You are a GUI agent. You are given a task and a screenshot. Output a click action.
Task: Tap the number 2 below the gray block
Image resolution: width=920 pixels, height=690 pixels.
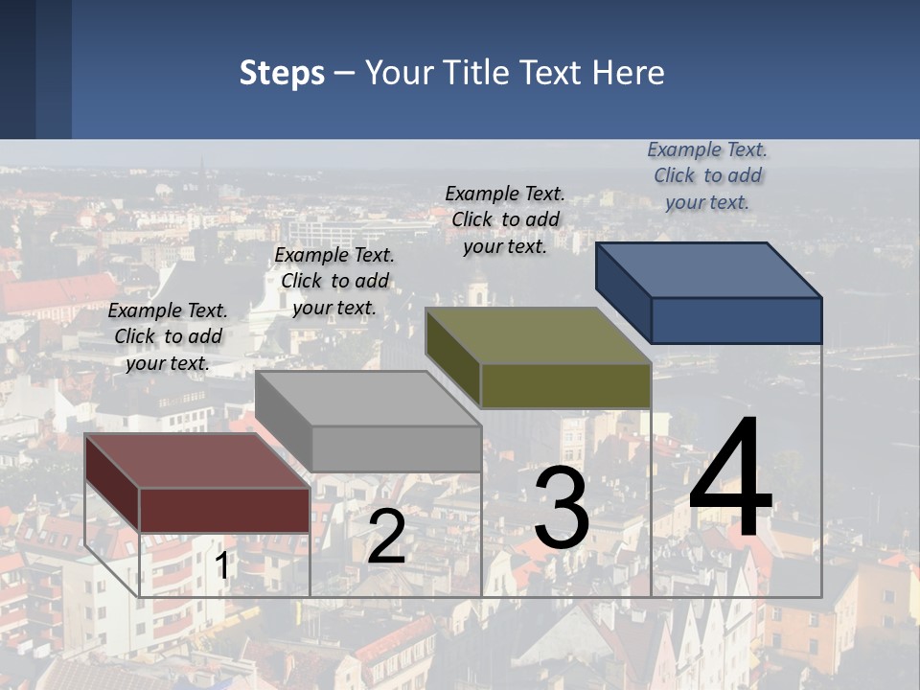(x=386, y=537)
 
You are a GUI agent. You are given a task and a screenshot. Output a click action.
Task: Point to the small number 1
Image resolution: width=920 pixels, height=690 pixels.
(x=222, y=566)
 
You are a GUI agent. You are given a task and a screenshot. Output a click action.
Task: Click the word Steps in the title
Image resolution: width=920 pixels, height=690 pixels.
(x=282, y=73)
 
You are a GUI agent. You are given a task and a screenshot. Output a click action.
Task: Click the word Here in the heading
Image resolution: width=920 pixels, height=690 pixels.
(x=628, y=73)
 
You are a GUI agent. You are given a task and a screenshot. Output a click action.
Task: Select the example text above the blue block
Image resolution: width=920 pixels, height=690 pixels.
(x=707, y=175)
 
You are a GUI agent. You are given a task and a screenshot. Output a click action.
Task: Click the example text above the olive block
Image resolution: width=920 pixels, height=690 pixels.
(x=505, y=219)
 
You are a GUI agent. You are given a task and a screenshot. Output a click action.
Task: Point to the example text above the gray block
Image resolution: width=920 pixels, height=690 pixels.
(x=334, y=281)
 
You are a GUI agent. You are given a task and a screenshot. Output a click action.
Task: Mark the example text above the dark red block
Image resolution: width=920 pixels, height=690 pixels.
(x=168, y=336)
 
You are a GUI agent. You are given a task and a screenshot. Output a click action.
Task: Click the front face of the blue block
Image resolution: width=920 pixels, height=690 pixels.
(x=736, y=320)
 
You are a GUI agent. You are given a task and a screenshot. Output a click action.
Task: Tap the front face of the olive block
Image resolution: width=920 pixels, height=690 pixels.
(x=565, y=385)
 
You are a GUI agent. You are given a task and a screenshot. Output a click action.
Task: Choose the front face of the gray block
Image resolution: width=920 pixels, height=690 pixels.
(x=396, y=448)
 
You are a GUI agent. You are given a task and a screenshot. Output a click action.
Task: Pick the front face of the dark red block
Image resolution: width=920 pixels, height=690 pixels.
(x=224, y=510)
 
